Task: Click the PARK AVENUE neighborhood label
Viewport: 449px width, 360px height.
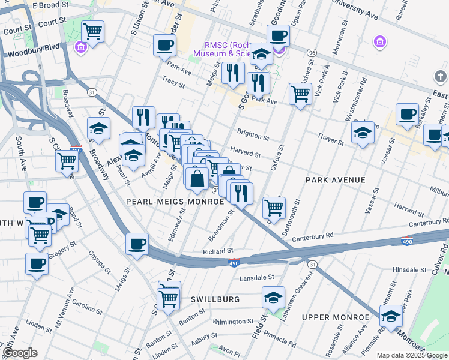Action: pos(335,180)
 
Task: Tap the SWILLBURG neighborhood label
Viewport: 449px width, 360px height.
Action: pos(215,299)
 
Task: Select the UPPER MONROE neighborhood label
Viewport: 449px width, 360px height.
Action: pos(335,317)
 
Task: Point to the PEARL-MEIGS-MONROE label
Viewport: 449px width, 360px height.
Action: pos(175,202)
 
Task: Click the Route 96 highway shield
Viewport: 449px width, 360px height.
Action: pos(311,53)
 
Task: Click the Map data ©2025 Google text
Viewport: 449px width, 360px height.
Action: pos(412,355)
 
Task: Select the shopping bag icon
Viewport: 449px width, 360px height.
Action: pos(197,178)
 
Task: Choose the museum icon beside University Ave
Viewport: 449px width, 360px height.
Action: pos(379,41)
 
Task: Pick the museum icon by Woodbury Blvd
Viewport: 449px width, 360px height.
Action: pos(80,46)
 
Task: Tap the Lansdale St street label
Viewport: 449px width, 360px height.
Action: pos(256,278)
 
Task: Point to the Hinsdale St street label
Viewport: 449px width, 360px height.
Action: pos(409,270)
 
